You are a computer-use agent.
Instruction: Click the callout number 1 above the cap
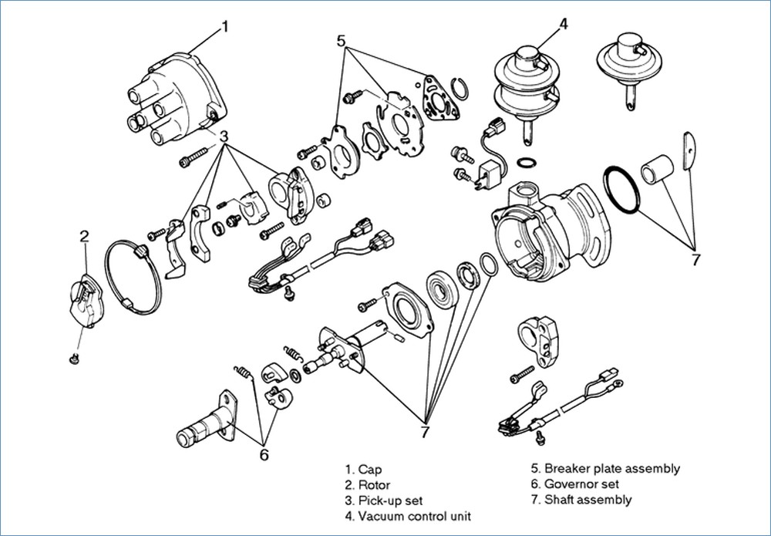[224, 26]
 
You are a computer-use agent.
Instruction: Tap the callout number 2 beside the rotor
[85, 235]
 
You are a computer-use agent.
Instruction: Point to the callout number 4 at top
[563, 22]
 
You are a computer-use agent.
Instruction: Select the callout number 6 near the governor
[264, 454]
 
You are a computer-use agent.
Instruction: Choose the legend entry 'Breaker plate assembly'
[604, 468]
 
